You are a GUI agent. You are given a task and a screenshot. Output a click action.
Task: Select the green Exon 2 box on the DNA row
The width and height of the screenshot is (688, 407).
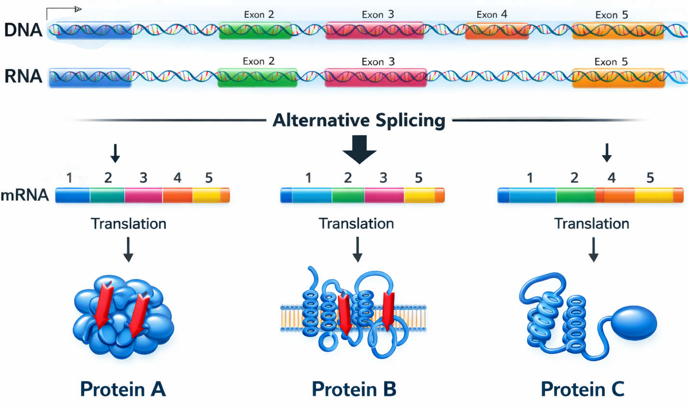click(x=255, y=30)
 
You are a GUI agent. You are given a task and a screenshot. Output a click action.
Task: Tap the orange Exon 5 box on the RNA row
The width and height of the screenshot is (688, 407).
click(x=619, y=78)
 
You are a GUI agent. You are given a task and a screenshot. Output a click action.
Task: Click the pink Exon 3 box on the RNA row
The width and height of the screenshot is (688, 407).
click(x=375, y=78)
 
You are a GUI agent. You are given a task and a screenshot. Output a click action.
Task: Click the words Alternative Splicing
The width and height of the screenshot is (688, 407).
click(x=358, y=120)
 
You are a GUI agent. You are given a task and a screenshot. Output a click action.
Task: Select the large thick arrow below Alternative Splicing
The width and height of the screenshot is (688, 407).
click(x=359, y=151)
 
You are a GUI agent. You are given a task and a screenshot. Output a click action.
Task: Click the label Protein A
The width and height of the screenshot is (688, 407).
click(x=123, y=388)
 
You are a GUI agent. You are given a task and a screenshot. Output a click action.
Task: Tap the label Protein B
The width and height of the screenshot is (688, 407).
click(x=354, y=388)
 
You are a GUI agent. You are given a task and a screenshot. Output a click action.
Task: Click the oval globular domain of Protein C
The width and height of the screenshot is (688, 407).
click(x=634, y=323)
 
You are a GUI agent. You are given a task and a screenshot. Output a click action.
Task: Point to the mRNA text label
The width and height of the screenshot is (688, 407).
click(x=25, y=195)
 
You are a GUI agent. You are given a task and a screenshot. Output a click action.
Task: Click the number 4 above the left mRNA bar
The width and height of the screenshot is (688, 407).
click(x=177, y=178)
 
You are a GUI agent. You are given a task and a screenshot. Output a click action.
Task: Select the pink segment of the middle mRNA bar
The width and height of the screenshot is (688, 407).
click(x=384, y=195)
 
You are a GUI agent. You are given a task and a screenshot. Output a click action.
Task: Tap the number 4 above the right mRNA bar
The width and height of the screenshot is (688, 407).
click(x=612, y=178)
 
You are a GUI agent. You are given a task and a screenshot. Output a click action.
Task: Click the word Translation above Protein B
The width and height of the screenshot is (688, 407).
click(x=356, y=224)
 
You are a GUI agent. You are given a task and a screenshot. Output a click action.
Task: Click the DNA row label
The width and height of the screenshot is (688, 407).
click(x=23, y=31)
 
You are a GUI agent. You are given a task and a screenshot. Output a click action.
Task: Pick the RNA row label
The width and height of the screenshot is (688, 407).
click(x=22, y=77)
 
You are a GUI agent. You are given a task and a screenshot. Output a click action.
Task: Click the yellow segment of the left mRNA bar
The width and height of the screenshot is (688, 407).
click(x=206, y=195)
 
